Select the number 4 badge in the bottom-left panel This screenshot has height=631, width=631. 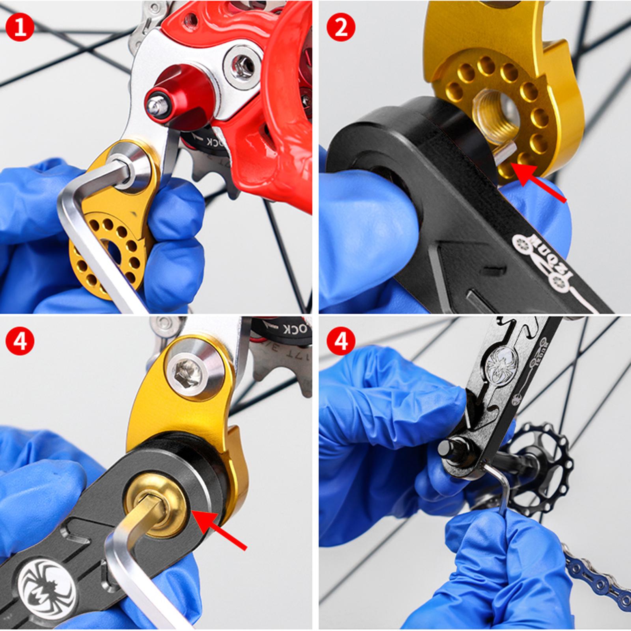20,341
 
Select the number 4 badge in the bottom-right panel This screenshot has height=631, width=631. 341,341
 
